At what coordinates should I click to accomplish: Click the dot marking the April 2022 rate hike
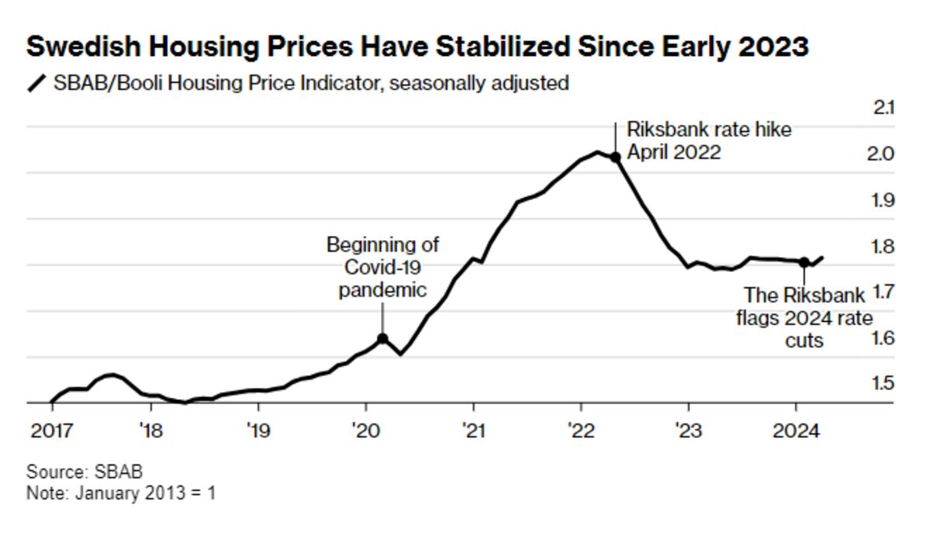[x=615, y=157]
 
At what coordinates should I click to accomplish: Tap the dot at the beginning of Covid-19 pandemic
[x=383, y=339]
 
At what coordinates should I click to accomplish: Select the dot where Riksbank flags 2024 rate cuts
[x=804, y=263]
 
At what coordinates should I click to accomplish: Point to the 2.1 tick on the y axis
[x=884, y=108]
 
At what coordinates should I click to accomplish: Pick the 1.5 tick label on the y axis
[x=882, y=384]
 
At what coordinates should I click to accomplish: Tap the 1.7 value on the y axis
[x=882, y=292]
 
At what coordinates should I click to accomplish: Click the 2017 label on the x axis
[x=51, y=430]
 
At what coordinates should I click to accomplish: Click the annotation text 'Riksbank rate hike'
[x=709, y=130]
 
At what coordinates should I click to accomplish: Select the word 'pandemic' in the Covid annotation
[x=383, y=291]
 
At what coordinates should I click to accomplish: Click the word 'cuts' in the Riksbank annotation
[x=805, y=340]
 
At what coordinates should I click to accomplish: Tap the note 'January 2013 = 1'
[x=145, y=493]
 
